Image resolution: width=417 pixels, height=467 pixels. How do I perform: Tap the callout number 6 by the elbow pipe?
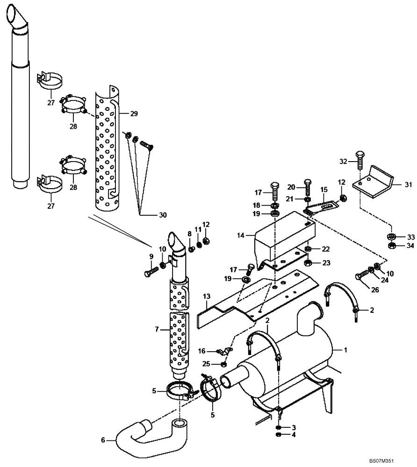coord(103,439)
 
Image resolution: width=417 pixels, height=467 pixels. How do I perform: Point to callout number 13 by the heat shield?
coord(207,297)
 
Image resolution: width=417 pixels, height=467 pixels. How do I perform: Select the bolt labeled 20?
coord(307,187)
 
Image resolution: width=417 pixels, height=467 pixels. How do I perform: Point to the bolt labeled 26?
coord(362,276)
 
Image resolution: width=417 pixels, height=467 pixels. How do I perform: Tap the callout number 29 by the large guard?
coord(134,113)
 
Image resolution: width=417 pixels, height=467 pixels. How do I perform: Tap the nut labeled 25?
coord(224,365)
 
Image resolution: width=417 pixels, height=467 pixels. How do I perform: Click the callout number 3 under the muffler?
coord(294,427)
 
